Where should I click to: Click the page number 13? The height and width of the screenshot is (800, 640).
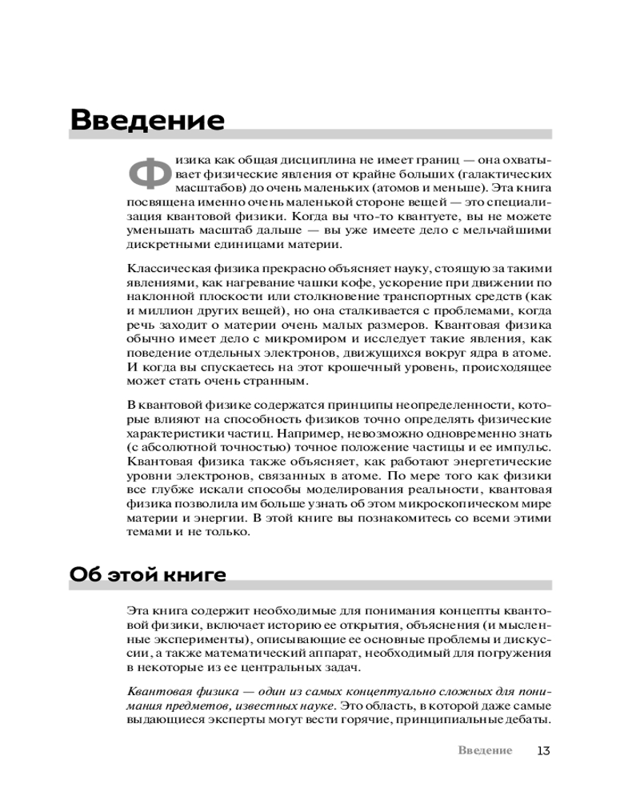pyautogui.click(x=544, y=750)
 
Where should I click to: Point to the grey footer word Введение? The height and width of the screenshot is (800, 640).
pyautogui.click(x=486, y=750)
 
